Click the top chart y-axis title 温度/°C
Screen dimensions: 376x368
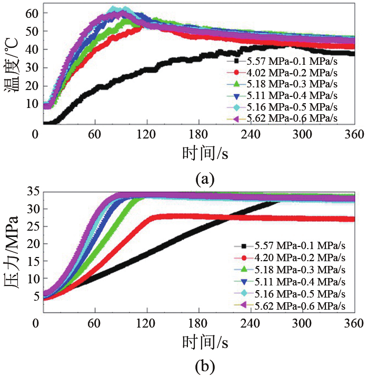(x=12, y=64)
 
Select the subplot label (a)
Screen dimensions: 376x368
(x=205, y=179)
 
